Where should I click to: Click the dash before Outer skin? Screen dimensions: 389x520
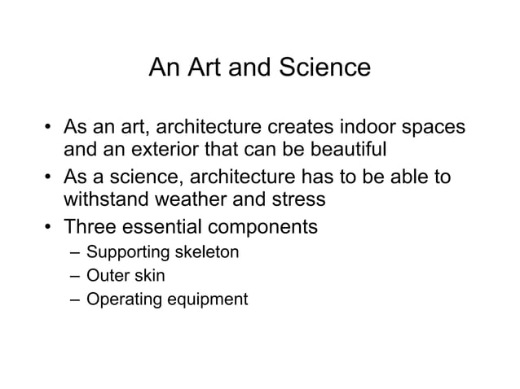coord(75,276)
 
